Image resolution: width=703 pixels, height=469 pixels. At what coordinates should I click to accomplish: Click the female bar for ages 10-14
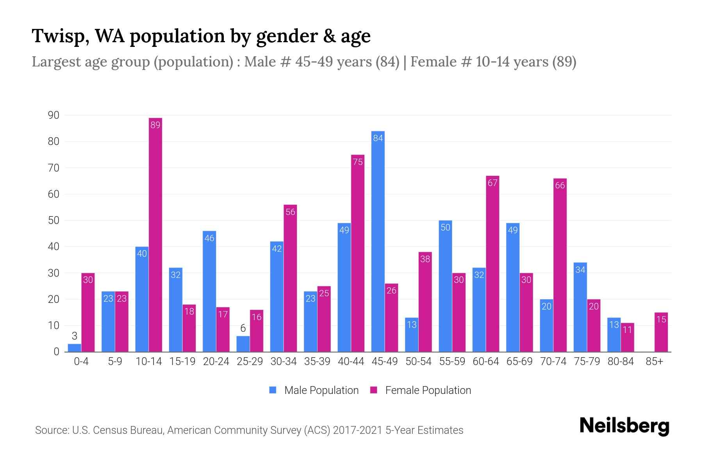click(155, 234)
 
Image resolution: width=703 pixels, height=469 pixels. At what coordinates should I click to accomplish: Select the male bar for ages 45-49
click(378, 242)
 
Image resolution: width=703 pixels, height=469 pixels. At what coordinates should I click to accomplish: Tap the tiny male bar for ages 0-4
click(74, 348)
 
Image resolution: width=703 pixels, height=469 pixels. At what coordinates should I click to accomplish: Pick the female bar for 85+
click(661, 332)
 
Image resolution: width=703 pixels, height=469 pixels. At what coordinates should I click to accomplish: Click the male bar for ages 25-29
click(243, 344)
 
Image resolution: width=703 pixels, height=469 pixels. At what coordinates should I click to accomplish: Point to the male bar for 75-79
click(580, 307)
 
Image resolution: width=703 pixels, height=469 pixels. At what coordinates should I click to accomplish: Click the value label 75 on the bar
click(358, 162)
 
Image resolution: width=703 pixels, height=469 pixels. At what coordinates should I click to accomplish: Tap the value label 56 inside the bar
click(290, 212)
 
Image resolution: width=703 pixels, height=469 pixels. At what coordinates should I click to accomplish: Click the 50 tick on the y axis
click(54, 220)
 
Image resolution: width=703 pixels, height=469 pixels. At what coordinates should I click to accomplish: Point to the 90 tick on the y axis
click(54, 115)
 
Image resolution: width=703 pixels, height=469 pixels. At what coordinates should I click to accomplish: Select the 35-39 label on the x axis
click(317, 362)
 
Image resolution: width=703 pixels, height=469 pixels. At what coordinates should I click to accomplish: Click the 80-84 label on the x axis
click(621, 362)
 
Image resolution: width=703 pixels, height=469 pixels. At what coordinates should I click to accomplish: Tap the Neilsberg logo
click(624, 426)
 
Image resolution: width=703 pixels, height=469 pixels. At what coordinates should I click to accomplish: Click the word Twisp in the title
click(59, 36)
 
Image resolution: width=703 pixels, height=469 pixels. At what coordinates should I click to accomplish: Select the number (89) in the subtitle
click(564, 62)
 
